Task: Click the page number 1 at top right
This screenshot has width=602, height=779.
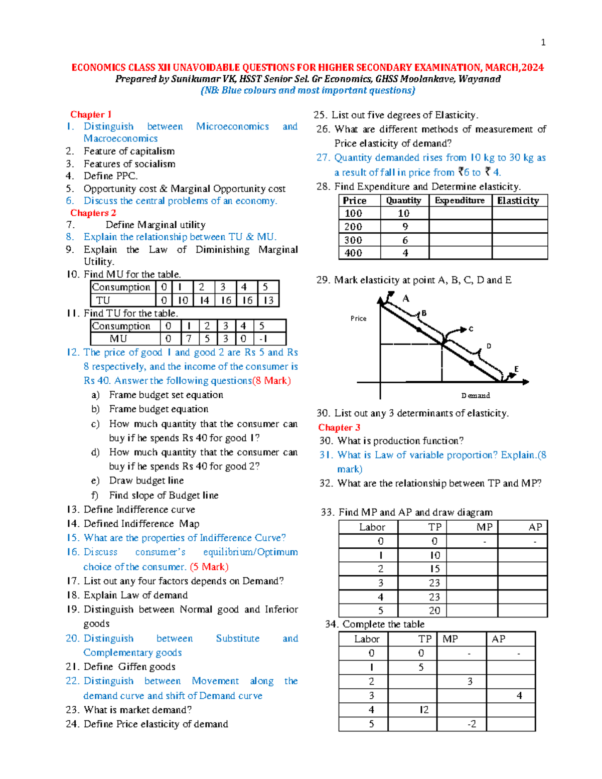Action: pyautogui.click(x=543, y=43)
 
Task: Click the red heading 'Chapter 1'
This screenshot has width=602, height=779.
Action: pyautogui.click(x=91, y=114)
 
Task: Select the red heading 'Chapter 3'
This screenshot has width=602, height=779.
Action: pyautogui.click(x=339, y=427)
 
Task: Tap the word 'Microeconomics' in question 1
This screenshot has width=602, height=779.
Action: pyautogui.click(x=232, y=126)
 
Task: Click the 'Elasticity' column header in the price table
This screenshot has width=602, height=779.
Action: pyautogui.click(x=518, y=201)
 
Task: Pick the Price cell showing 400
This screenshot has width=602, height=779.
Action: pyautogui.click(x=353, y=253)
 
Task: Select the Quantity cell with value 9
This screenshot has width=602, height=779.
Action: pyautogui.click(x=405, y=227)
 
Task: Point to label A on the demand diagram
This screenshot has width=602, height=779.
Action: pyautogui.click(x=406, y=298)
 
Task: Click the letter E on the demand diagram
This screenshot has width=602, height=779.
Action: pyautogui.click(x=516, y=369)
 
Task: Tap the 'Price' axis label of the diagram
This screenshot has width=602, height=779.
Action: pyautogui.click(x=358, y=319)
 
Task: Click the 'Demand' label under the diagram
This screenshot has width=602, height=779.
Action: pyautogui.click(x=476, y=396)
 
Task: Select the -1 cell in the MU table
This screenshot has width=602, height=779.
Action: pyautogui.click(x=263, y=339)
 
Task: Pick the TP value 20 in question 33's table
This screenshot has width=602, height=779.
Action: pyautogui.click(x=434, y=610)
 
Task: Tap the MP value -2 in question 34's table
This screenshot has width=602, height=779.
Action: pyautogui.click(x=472, y=724)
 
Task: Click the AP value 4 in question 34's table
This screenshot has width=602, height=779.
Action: pyautogui.click(x=519, y=696)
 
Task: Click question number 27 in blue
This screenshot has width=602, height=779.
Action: pyautogui.click(x=323, y=158)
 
